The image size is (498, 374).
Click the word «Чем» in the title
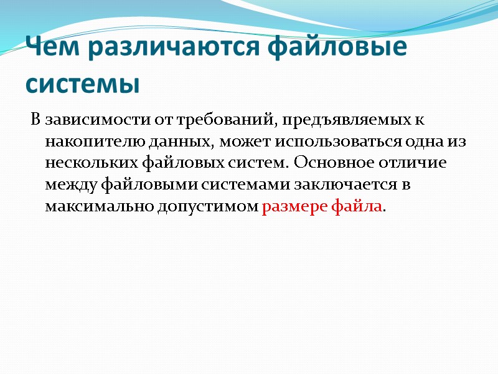point(50,48)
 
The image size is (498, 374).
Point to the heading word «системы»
point(82,83)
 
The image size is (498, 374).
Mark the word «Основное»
point(327,163)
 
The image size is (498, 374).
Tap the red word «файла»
point(357,207)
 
